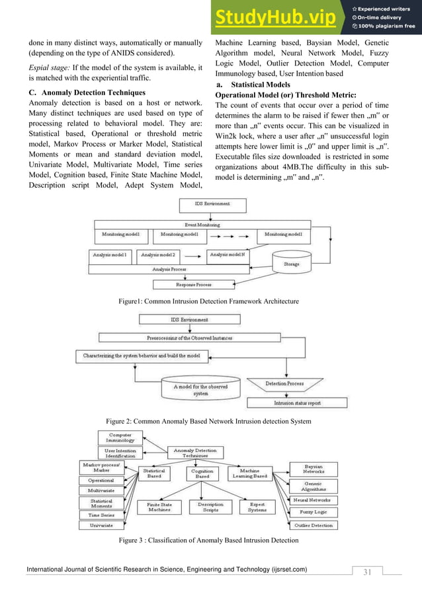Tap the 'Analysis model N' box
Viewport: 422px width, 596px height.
[x=228, y=254]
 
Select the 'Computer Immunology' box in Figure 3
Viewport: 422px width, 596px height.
[x=120, y=438]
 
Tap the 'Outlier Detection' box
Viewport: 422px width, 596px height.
[x=314, y=525]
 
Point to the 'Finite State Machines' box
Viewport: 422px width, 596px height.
[x=159, y=507]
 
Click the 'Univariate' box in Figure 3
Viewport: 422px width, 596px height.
[x=101, y=525]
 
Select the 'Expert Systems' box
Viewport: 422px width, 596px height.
[x=257, y=507]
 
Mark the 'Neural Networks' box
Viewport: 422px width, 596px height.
[x=314, y=500]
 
